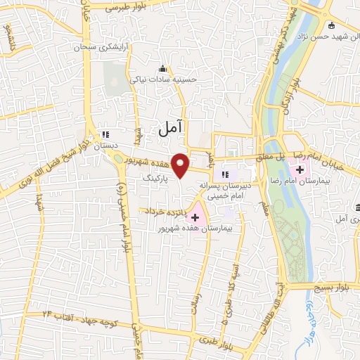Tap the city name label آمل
(x=172, y=127)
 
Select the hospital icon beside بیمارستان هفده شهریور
(x=195, y=217)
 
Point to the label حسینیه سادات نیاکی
(x=164, y=80)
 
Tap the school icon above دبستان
(x=106, y=134)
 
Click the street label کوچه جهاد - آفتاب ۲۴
(x=78, y=316)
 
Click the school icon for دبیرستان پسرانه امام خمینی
(x=226, y=175)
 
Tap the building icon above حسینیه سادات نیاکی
(x=163, y=69)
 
